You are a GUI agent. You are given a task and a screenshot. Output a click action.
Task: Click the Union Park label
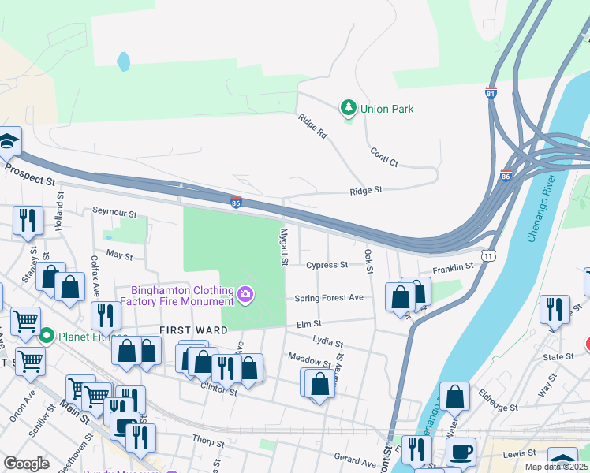pos(386,109)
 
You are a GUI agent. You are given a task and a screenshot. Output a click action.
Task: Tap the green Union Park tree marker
pos(347,106)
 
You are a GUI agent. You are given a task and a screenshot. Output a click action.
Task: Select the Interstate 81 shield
pos(491,93)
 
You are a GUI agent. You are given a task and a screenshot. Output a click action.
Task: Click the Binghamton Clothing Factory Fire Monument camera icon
pos(245,296)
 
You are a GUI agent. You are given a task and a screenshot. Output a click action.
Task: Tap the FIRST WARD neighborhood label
pos(193,330)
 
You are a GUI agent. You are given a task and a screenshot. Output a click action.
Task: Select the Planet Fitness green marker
pos(46,336)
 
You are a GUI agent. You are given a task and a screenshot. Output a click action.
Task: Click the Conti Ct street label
pos(383,157)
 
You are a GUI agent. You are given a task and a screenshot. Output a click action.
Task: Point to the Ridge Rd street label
pos(312,126)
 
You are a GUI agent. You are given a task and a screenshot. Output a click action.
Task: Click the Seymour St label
pos(114,213)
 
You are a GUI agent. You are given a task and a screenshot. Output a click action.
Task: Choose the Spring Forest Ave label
pos(329,298)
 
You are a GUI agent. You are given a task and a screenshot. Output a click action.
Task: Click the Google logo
pos(26,464)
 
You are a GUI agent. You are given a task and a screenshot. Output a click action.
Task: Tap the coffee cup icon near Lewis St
pos(461,452)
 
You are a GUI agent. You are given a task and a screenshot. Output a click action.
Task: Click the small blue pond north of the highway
pos(123,61)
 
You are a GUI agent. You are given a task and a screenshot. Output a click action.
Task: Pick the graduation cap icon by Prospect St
pos(8,142)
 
